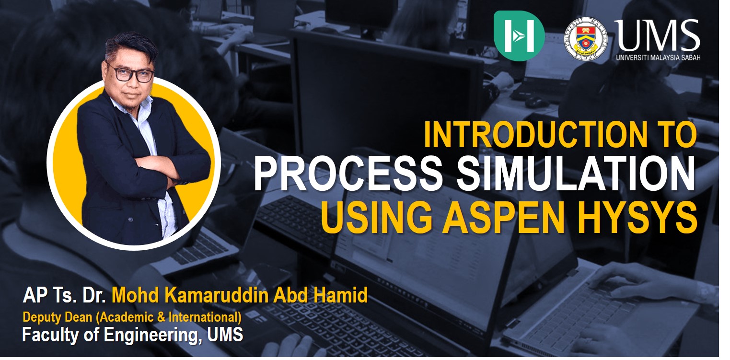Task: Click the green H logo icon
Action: (x=519, y=35)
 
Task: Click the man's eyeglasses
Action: (x=130, y=73)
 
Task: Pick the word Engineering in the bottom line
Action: (x=151, y=336)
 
